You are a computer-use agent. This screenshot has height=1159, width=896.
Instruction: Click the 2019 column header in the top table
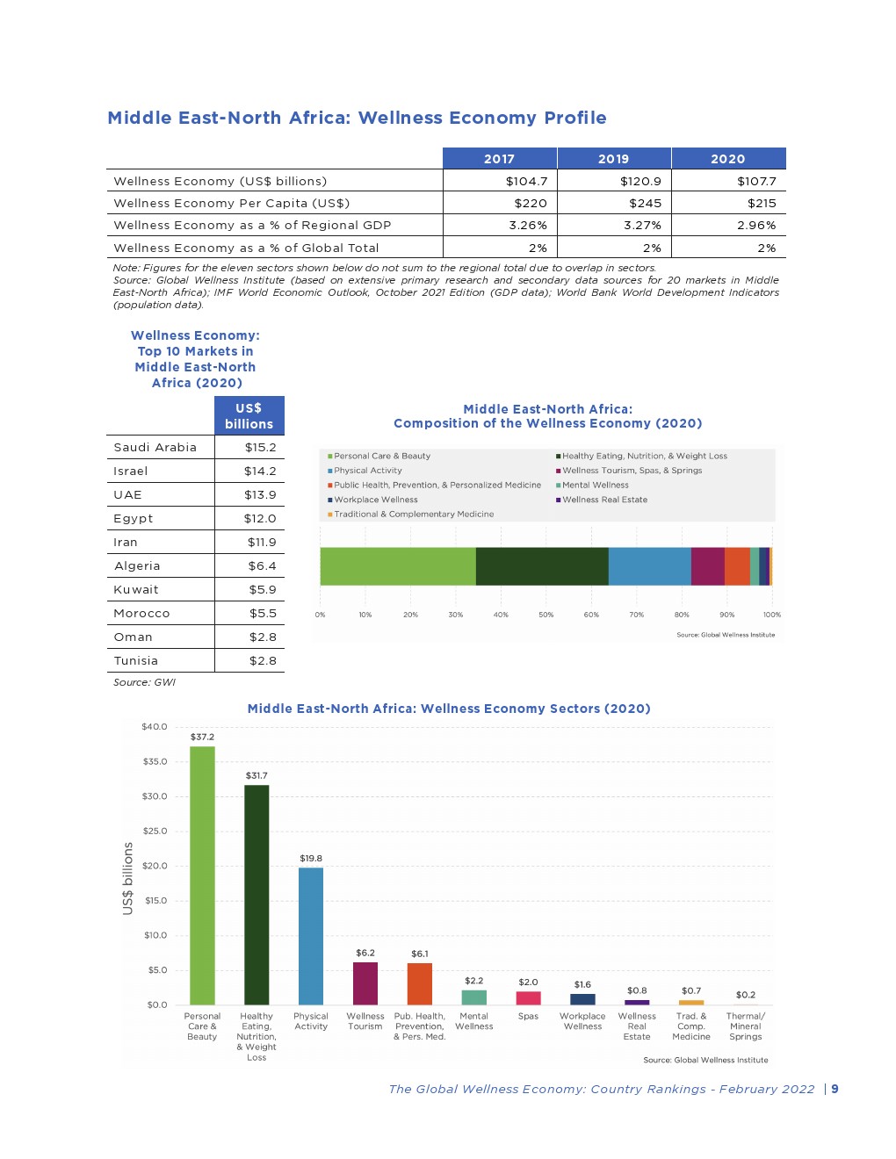(613, 159)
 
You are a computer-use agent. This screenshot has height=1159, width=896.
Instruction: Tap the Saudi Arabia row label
(155, 447)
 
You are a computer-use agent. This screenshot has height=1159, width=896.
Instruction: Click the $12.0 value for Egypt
(260, 518)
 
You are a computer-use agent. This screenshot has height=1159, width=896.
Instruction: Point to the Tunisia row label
(136, 660)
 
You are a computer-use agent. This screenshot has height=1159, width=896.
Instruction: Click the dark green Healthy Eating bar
(257, 895)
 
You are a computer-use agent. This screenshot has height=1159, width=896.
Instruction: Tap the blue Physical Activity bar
(311, 936)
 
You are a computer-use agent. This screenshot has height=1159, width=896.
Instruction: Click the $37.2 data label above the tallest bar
(202, 737)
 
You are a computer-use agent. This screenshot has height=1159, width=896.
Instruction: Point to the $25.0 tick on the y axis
(155, 831)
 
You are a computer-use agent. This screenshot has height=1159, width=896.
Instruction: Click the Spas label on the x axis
(528, 1016)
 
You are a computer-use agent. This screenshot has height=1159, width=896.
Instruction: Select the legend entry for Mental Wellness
(595, 485)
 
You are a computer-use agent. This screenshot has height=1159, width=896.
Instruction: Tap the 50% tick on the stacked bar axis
(546, 615)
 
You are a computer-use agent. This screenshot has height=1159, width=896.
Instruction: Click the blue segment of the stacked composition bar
(649, 566)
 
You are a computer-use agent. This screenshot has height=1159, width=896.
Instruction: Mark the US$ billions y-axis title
(128, 878)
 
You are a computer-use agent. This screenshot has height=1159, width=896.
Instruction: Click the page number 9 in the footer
(835, 1089)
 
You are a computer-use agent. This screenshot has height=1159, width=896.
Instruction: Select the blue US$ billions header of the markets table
(249, 415)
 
